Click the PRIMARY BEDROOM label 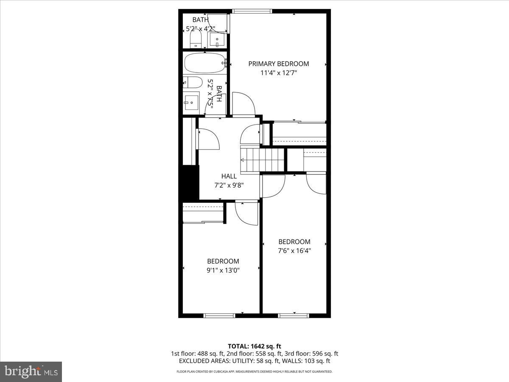[278, 64]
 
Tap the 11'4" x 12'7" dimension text [278, 73]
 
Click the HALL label [229, 176]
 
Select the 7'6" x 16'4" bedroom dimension [294, 250]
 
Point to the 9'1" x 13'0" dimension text [223, 270]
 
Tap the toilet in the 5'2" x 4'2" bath [195, 41]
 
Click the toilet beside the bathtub [192, 82]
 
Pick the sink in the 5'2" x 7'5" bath [191, 102]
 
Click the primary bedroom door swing [243, 104]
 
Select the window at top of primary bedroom [252, 11]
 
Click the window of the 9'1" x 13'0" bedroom [219, 315]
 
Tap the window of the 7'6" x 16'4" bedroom [294, 315]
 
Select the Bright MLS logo [31, 371]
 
